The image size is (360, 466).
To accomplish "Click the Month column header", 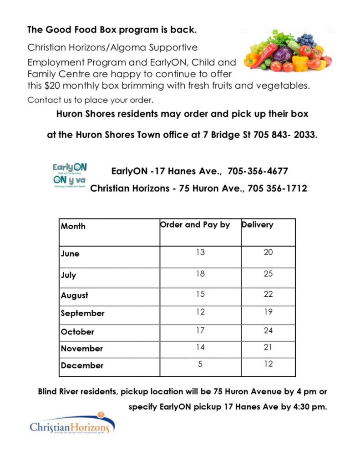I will click(73, 226).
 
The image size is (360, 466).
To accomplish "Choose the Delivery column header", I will click(257, 224).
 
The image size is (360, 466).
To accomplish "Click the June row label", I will click(70, 254).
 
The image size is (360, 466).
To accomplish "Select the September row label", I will click(83, 313).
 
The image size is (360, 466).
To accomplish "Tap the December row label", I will click(82, 365).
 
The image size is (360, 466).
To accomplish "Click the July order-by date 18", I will click(200, 274).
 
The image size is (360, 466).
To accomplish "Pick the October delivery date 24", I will click(268, 330).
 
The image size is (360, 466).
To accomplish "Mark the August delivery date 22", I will click(268, 294).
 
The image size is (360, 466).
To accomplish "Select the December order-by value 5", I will click(200, 364).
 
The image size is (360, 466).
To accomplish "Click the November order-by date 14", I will click(200, 347).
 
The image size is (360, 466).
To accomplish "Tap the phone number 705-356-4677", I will click(258, 172).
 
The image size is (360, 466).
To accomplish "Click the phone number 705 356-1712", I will click(277, 188).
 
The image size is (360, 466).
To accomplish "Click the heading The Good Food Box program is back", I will click(112, 30).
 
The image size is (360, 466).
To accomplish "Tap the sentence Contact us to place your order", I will click(91, 100).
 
